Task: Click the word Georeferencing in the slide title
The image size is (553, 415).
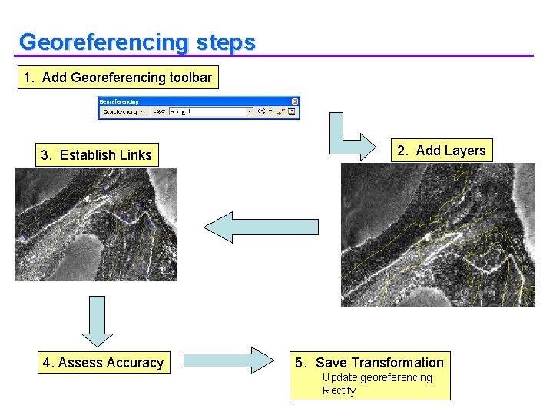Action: [x=104, y=42]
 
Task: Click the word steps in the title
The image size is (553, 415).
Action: [x=225, y=42]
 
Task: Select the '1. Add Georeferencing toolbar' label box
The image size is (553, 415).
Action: [x=118, y=77]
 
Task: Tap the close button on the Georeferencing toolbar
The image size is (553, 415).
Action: [x=295, y=101]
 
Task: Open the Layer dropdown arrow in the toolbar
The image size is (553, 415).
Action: [x=249, y=111]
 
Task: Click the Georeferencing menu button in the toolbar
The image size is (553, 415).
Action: [x=122, y=111]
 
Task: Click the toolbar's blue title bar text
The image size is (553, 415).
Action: [x=120, y=101]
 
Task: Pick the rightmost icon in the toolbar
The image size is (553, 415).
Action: [x=293, y=111]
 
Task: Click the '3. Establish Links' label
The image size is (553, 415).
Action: [x=96, y=155]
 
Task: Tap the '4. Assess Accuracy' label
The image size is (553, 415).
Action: [x=103, y=363]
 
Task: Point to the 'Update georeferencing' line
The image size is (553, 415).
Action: [x=377, y=377]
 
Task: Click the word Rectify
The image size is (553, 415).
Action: [x=339, y=390]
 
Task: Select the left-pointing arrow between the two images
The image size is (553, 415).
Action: [x=261, y=227]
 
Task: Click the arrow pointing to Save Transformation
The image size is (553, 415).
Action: [x=229, y=361]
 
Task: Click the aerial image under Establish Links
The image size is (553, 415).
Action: [x=96, y=224]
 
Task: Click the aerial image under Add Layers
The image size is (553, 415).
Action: [x=438, y=234]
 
